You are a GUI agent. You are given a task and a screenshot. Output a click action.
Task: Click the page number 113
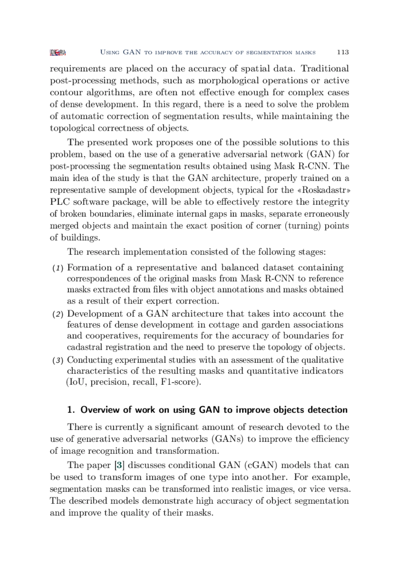click(342, 52)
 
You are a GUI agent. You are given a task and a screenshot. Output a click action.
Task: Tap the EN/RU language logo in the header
click(58, 52)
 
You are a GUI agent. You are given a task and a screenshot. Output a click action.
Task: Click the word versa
click(338, 489)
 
